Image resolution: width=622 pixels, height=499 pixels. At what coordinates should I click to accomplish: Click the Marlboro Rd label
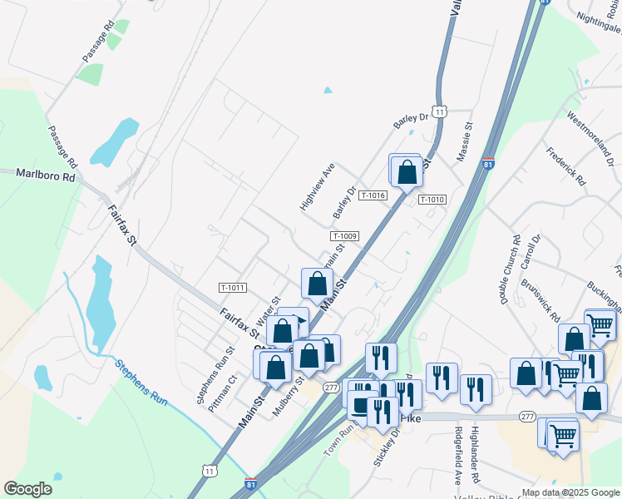[x=46, y=176]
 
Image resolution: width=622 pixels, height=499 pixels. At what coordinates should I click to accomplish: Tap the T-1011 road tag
[x=233, y=288]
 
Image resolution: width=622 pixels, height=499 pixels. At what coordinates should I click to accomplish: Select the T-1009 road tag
[x=344, y=236]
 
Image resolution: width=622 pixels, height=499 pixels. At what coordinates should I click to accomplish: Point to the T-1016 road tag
[x=375, y=195]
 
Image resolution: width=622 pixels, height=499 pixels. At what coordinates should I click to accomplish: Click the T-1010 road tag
[x=432, y=200]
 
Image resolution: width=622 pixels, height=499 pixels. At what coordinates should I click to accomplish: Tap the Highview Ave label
[x=317, y=185]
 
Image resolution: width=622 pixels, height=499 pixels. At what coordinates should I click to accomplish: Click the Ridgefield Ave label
[x=458, y=456]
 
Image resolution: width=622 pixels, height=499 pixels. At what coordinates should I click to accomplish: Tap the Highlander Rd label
[x=476, y=456]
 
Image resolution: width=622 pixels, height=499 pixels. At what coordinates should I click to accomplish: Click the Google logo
[x=27, y=489]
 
